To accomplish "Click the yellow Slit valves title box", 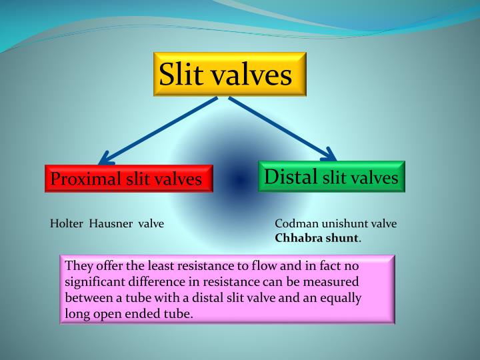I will (229, 75).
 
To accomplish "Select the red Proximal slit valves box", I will (129, 178).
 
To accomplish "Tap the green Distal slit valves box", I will (331, 177).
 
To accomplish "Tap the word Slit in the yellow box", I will (182, 75).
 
